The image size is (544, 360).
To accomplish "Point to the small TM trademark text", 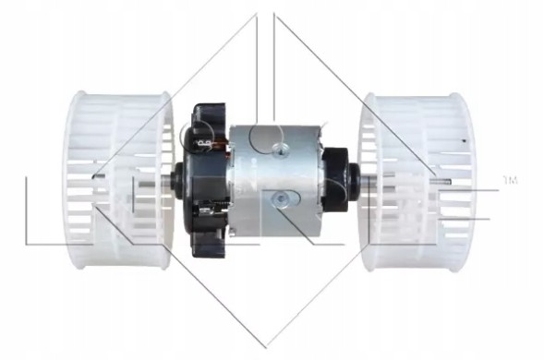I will [x=509, y=178].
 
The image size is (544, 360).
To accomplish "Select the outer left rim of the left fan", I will [x=66, y=180].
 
